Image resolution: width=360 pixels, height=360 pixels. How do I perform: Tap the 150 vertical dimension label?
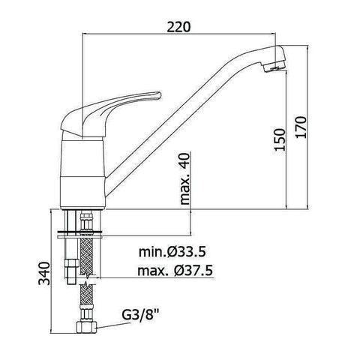(280, 139)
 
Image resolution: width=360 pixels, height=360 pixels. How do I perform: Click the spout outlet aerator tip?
(277, 67)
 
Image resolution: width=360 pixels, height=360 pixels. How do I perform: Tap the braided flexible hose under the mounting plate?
(87, 255)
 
